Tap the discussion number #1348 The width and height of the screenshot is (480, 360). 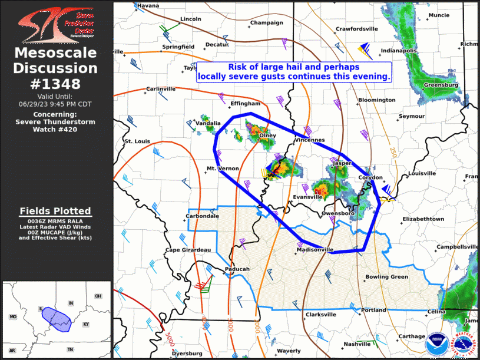(56, 84)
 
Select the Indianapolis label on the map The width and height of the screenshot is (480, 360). (399, 51)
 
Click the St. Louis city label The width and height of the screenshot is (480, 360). (137, 141)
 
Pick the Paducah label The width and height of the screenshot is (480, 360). (238, 269)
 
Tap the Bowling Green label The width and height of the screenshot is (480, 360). (386, 276)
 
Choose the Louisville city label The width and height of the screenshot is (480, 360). (422, 174)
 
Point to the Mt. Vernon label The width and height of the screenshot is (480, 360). (222, 169)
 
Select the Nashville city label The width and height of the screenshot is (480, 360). (357, 344)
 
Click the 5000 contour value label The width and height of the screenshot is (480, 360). (170, 340)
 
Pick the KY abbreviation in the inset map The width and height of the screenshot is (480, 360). (86, 325)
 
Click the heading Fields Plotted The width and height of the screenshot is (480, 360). (55, 211)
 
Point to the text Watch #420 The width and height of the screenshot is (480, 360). (55, 129)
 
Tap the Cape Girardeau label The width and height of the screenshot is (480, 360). (188, 250)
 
